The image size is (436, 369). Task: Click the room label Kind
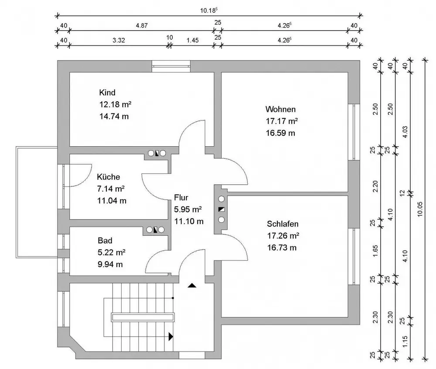click(x=107, y=93)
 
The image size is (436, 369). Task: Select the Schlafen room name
click(x=283, y=224)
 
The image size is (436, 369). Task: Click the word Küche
click(x=108, y=177)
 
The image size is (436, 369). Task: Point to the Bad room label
click(x=105, y=241)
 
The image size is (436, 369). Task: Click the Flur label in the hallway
click(x=181, y=197)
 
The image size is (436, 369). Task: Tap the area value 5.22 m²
click(x=112, y=252)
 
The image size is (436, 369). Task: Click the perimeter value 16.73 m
click(x=282, y=248)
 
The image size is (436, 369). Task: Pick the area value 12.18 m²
click(x=116, y=104)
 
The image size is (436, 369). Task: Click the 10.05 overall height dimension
click(x=419, y=209)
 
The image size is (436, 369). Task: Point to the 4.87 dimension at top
click(x=141, y=25)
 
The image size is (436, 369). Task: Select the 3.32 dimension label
click(x=119, y=40)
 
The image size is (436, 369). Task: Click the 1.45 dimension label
click(x=192, y=40)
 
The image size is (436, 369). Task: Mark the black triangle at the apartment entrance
click(x=192, y=286)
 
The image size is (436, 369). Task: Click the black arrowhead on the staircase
click(x=171, y=336)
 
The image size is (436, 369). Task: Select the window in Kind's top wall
click(x=171, y=66)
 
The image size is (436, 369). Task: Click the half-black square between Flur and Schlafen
click(x=221, y=209)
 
